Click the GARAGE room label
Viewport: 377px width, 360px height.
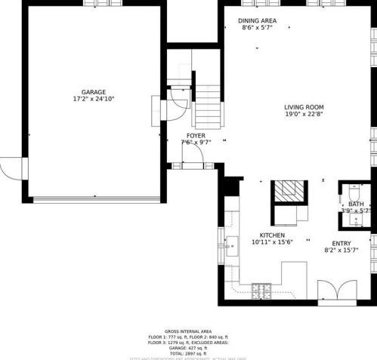(x=94, y=91)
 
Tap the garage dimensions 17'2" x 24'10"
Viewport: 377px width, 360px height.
(x=94, y=99)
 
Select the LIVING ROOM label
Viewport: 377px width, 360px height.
(x=304, y=107)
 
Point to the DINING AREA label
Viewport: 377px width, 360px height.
(x=257, y=20)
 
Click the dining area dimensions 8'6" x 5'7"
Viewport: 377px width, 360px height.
(x=257, y=28)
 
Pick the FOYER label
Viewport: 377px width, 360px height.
(x=196, y=135)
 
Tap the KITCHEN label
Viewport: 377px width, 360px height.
(x=272, y=235)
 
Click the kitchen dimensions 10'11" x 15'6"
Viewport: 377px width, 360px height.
(x=272, y=242)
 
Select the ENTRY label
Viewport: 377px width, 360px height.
(x=340, y=242)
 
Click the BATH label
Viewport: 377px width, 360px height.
(x=357, y=204)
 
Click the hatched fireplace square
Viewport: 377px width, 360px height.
(x=286, y=192)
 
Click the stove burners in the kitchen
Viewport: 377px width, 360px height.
(x=261, y=289)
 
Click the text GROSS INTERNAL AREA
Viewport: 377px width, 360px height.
(x=188, y=331)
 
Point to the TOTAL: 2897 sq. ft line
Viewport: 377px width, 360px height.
(x=188, y=352)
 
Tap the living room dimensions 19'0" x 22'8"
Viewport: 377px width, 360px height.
(x=304, y=115)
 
